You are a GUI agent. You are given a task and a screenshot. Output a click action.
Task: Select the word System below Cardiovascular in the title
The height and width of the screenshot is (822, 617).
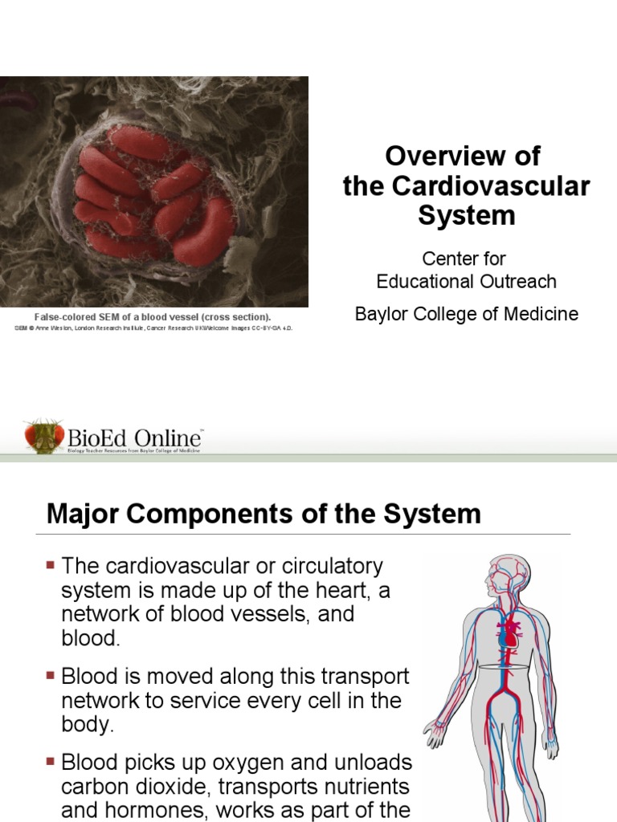466,216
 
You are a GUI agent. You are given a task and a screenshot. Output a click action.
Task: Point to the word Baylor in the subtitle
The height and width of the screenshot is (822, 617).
381,314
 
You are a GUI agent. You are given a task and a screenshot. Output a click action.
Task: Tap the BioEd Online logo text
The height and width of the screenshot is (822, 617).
135,438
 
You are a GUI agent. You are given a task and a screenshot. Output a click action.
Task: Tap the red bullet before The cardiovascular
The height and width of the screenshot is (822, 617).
51,566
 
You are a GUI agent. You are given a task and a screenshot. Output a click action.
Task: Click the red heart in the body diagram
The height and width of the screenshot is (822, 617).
509,635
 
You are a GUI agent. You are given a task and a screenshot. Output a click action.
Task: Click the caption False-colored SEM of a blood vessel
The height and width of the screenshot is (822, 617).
152,317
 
